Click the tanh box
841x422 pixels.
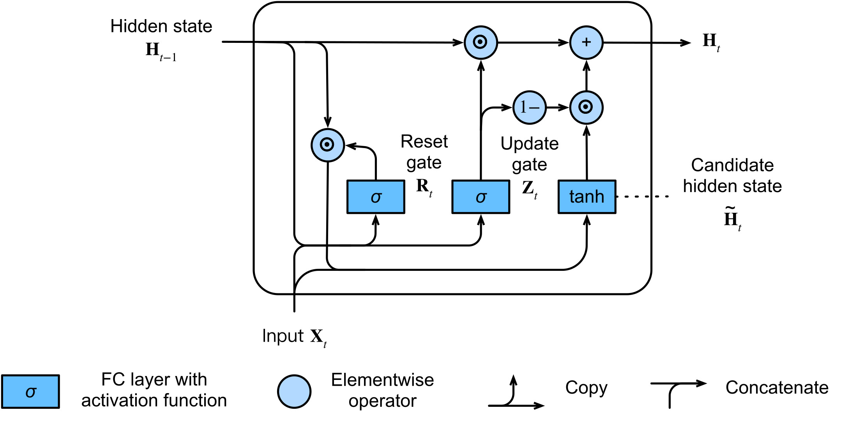(587, 197)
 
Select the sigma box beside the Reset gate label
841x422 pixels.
(376, 197)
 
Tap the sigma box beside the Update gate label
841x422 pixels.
(481, 197)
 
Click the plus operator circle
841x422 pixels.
(586, 42)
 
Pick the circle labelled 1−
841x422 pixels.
(529, 108)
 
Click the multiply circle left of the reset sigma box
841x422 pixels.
(327, 145)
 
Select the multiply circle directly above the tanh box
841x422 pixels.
(586, 107)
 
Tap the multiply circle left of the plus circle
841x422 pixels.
(481, 42)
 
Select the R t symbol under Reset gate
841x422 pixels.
(424, 187)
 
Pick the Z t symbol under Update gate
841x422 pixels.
(530, 189)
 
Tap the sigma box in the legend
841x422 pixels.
(30, 392)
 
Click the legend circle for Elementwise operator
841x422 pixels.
(294, 392)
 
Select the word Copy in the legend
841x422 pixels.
(586, 388)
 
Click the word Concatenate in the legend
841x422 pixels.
(777, 388)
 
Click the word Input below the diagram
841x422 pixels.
(283, 336)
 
